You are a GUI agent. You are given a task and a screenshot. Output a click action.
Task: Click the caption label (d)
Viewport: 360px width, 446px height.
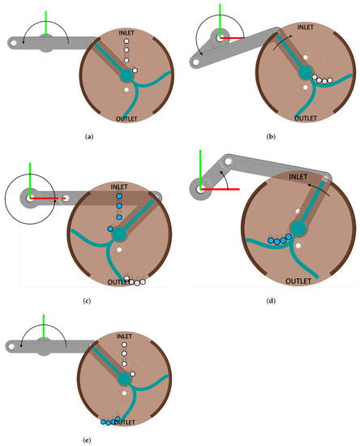(271, 302)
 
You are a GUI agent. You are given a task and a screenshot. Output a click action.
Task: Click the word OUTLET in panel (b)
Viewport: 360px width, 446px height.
(306, 118)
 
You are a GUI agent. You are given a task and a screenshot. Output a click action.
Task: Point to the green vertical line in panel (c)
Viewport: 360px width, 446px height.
(30, 178)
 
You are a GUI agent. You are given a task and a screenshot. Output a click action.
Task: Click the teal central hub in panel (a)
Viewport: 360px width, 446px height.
(126, 75)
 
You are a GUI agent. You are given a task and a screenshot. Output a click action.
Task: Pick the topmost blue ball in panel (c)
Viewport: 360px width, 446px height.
(118, 196)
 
